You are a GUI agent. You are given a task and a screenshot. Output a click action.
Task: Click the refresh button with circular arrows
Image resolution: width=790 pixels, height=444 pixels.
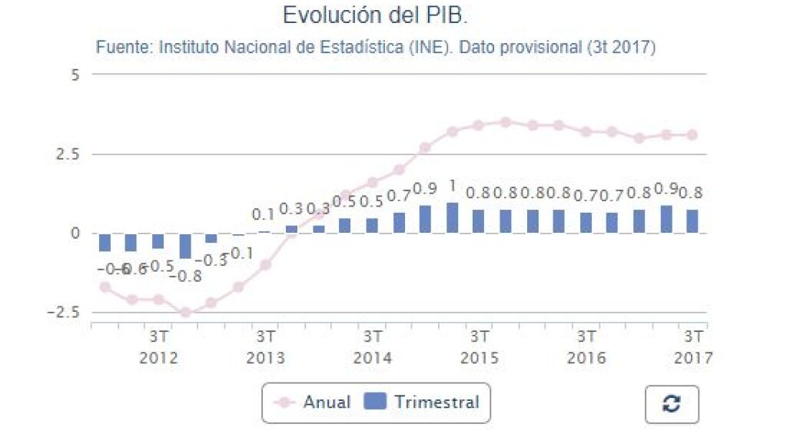(671, 404)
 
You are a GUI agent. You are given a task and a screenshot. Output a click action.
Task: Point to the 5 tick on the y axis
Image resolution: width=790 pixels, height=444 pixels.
(75, 75)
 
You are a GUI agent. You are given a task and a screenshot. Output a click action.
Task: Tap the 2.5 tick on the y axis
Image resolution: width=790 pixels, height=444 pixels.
(71, 154)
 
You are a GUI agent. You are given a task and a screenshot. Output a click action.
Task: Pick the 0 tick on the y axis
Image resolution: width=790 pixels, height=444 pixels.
(75, 234)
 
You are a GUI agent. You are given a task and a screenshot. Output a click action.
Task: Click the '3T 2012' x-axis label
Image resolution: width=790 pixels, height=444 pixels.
(159, 347)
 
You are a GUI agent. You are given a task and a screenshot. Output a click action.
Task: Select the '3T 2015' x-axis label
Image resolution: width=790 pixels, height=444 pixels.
(480, 347)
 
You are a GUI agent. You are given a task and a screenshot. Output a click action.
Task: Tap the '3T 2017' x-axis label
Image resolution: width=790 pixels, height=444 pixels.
(693, 347)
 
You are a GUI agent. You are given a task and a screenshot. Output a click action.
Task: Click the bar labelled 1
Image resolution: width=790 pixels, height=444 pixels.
(453, 217)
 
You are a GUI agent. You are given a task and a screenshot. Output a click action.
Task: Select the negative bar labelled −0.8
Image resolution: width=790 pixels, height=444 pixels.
(185, 246)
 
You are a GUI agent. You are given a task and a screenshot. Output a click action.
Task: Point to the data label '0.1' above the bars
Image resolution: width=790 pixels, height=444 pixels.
(264, 215)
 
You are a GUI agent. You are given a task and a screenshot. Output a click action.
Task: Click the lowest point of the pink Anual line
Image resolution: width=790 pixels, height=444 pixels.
(185, 313)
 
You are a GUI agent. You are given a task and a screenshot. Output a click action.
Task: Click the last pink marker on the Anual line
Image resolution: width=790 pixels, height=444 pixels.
(692, 134)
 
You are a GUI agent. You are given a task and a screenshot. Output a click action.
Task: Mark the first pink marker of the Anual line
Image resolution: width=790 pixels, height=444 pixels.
(105, 287)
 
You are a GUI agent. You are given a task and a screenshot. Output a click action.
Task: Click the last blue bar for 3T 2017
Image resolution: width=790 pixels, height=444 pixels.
(692, 221)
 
